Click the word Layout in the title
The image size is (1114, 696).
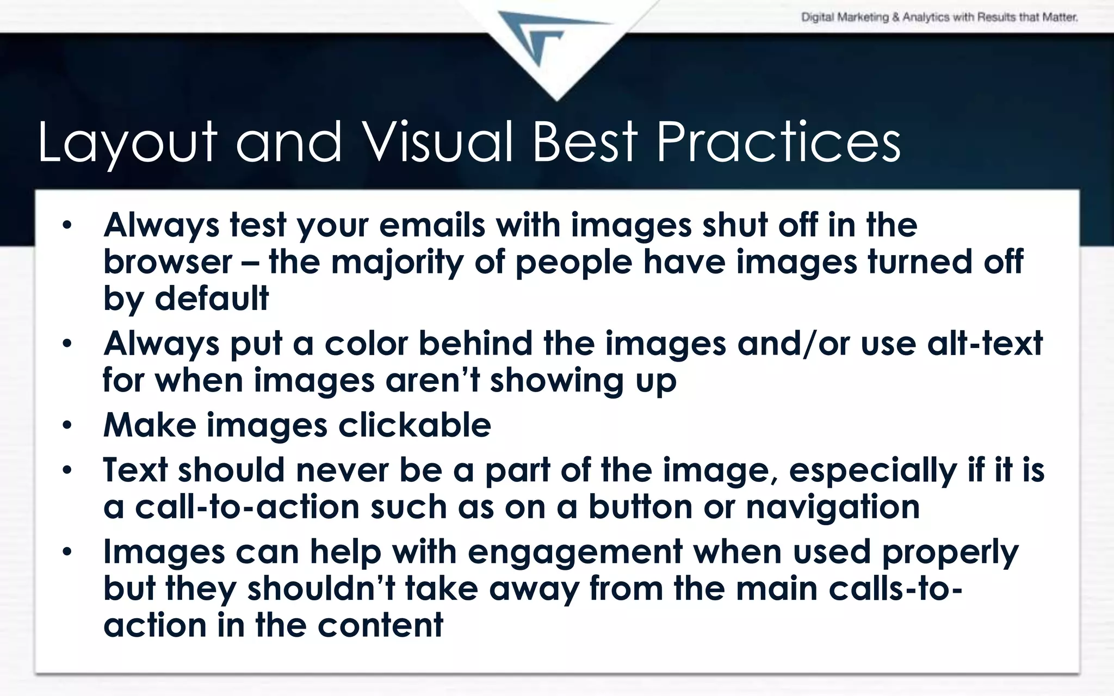click(x=127, y=142)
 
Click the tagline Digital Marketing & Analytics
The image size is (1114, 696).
click(x=939, y=17)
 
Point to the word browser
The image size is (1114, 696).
click(x=168, y=262)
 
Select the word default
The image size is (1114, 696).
click(x=212, y=299)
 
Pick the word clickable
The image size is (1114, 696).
click(x=414, y=425)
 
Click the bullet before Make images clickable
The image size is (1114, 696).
click(x=67, y=425)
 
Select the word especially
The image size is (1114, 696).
click(x=872, y=471)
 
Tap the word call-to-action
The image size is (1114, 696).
click(x=247, y=507)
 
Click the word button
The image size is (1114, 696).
click(x=640, y=507)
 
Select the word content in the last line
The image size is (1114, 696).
click(x=380, y=625)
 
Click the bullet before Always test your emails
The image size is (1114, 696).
click(x=67, y=226)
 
